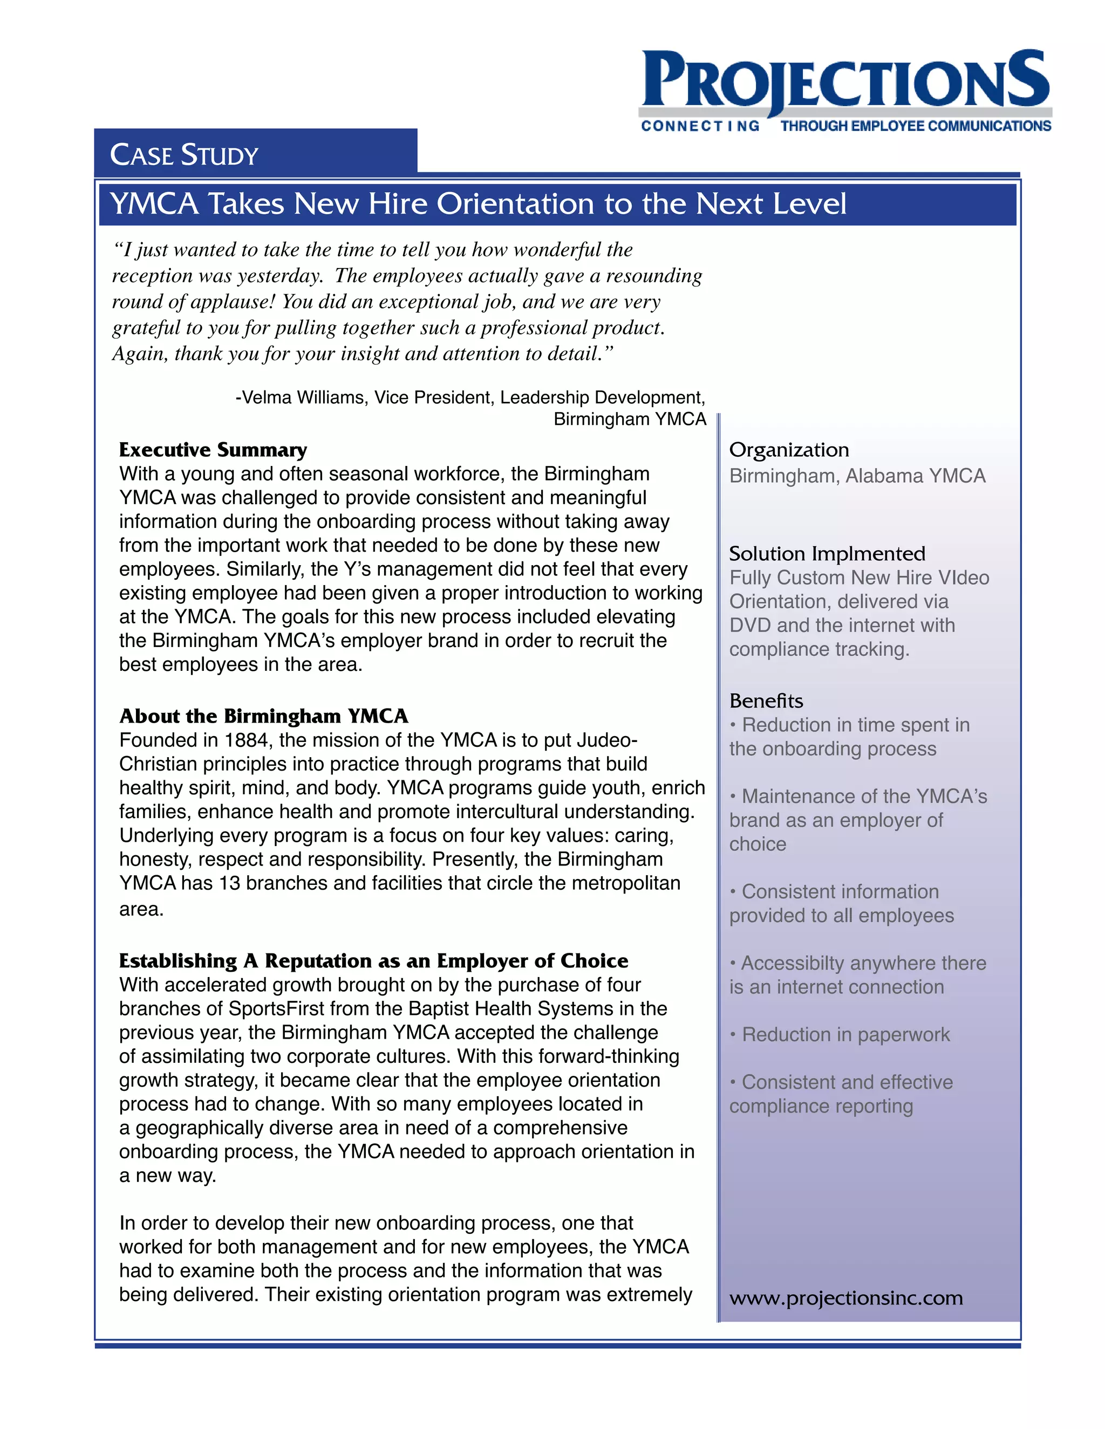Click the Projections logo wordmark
click(x=844, y=80)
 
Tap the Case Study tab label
click(x=184, y=155)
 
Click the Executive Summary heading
click(x=213, y=450)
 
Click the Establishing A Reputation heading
click(x=373, y=960)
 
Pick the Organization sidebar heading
click(x=789, y=450)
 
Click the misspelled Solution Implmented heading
click(x=827, y=554)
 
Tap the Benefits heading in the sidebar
click(x=766, y=701)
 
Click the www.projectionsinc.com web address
click(x=846, y=1297)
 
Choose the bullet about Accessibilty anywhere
click(x=857, y=975)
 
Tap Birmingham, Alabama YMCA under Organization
click(x=857, y=476)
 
